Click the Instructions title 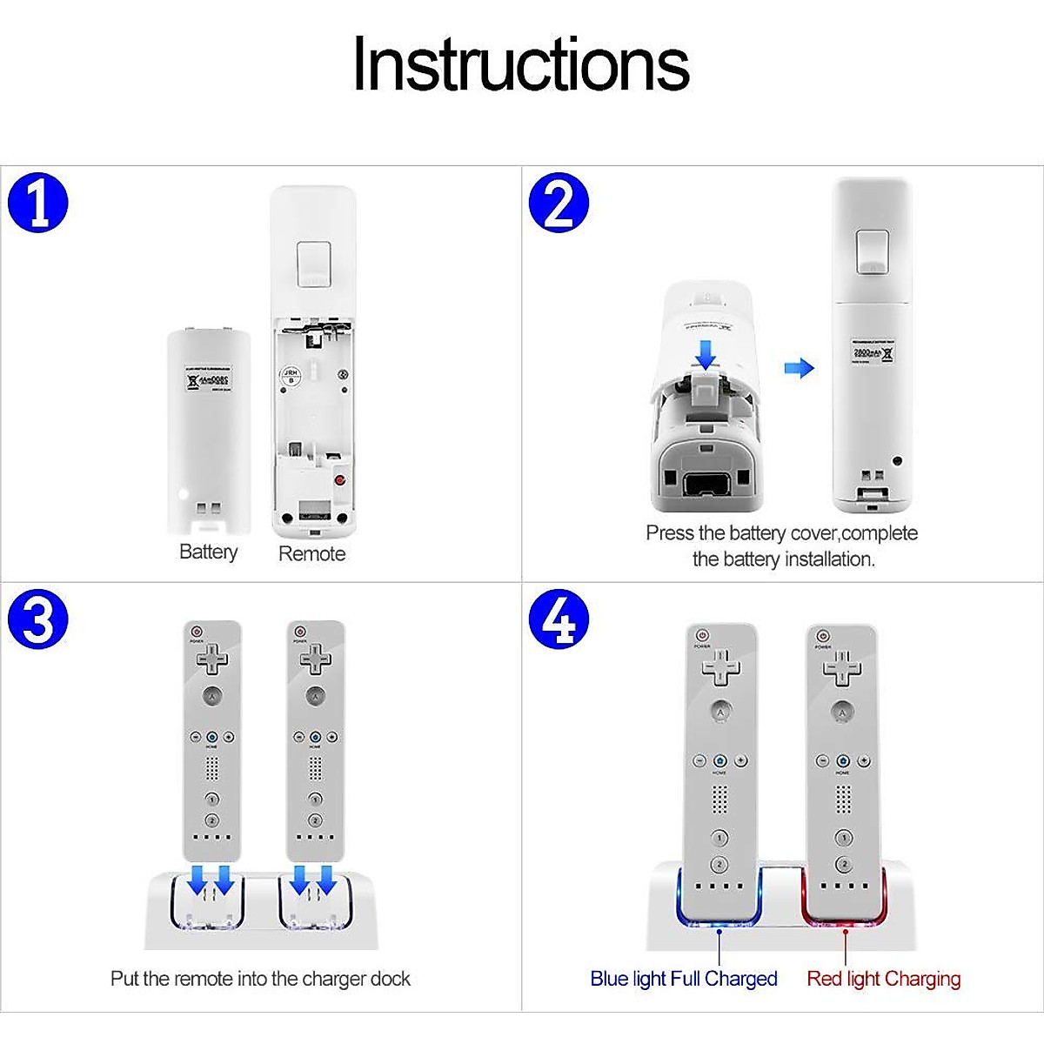click(520, 64)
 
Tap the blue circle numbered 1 click(37, 203)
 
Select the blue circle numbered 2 click(559, 203)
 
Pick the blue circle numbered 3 click(37, 619)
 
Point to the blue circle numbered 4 click(559, 619)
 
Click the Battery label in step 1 click(208, 552)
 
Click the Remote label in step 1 click(311, 553)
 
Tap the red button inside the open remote click(340, 480)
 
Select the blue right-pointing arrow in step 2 click(799, 368)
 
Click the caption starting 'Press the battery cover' click(782, 545)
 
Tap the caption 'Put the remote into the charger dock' click(260, 979)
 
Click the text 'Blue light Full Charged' click(683, 979)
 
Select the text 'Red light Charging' click(883, 979)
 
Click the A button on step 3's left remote click(211, 696)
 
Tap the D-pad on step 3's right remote click(315, 659)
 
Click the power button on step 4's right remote click(823, 637)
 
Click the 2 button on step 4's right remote click(843, 864)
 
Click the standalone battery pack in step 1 click(209, 431)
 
